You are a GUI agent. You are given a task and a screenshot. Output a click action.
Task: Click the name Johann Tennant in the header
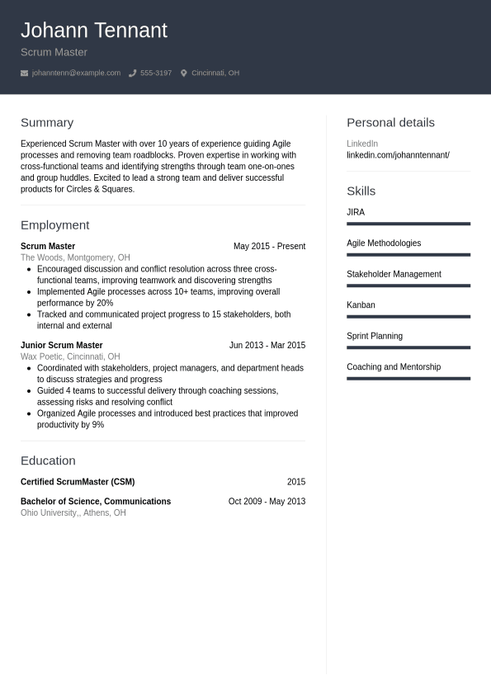tap(93, 31)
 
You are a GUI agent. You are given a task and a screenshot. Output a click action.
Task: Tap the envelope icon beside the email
tap(24, 73)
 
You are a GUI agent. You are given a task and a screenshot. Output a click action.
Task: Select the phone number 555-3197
tap(156, 73)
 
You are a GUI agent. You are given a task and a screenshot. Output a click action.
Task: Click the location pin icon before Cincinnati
tap(184, 73)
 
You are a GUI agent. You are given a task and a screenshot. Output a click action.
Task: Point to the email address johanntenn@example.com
tap(76, 73)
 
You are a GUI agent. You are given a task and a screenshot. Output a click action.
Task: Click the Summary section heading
tap(47, 122)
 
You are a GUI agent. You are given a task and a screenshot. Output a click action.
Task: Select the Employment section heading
tap(54, 224)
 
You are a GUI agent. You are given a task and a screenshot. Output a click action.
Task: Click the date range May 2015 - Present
tap(269, 246)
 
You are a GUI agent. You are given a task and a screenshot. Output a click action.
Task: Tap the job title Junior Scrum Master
tap(61, 345)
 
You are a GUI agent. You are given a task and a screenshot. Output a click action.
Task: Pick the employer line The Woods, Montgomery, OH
tap(75, 257)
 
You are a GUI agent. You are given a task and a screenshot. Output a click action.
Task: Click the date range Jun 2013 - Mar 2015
tap(267, 345)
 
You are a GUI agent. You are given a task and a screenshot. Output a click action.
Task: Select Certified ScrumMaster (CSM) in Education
tap(78, 481)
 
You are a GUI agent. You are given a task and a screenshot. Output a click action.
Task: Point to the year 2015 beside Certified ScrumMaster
tap(295, 481)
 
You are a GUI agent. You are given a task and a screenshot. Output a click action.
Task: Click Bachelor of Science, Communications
tap(96, 501)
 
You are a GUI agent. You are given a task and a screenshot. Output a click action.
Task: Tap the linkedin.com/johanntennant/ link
tap(398, 155)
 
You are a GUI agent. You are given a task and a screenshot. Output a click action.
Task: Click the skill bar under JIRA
tap(408, 224)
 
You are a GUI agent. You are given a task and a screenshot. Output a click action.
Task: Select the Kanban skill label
tap(361, 305)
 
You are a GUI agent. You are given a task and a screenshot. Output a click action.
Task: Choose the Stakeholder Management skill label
tap(394, 274)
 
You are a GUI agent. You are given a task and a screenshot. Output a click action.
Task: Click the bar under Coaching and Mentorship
tap(408, 379)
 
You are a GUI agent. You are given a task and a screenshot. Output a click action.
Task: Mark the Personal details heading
tap(390, 122)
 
